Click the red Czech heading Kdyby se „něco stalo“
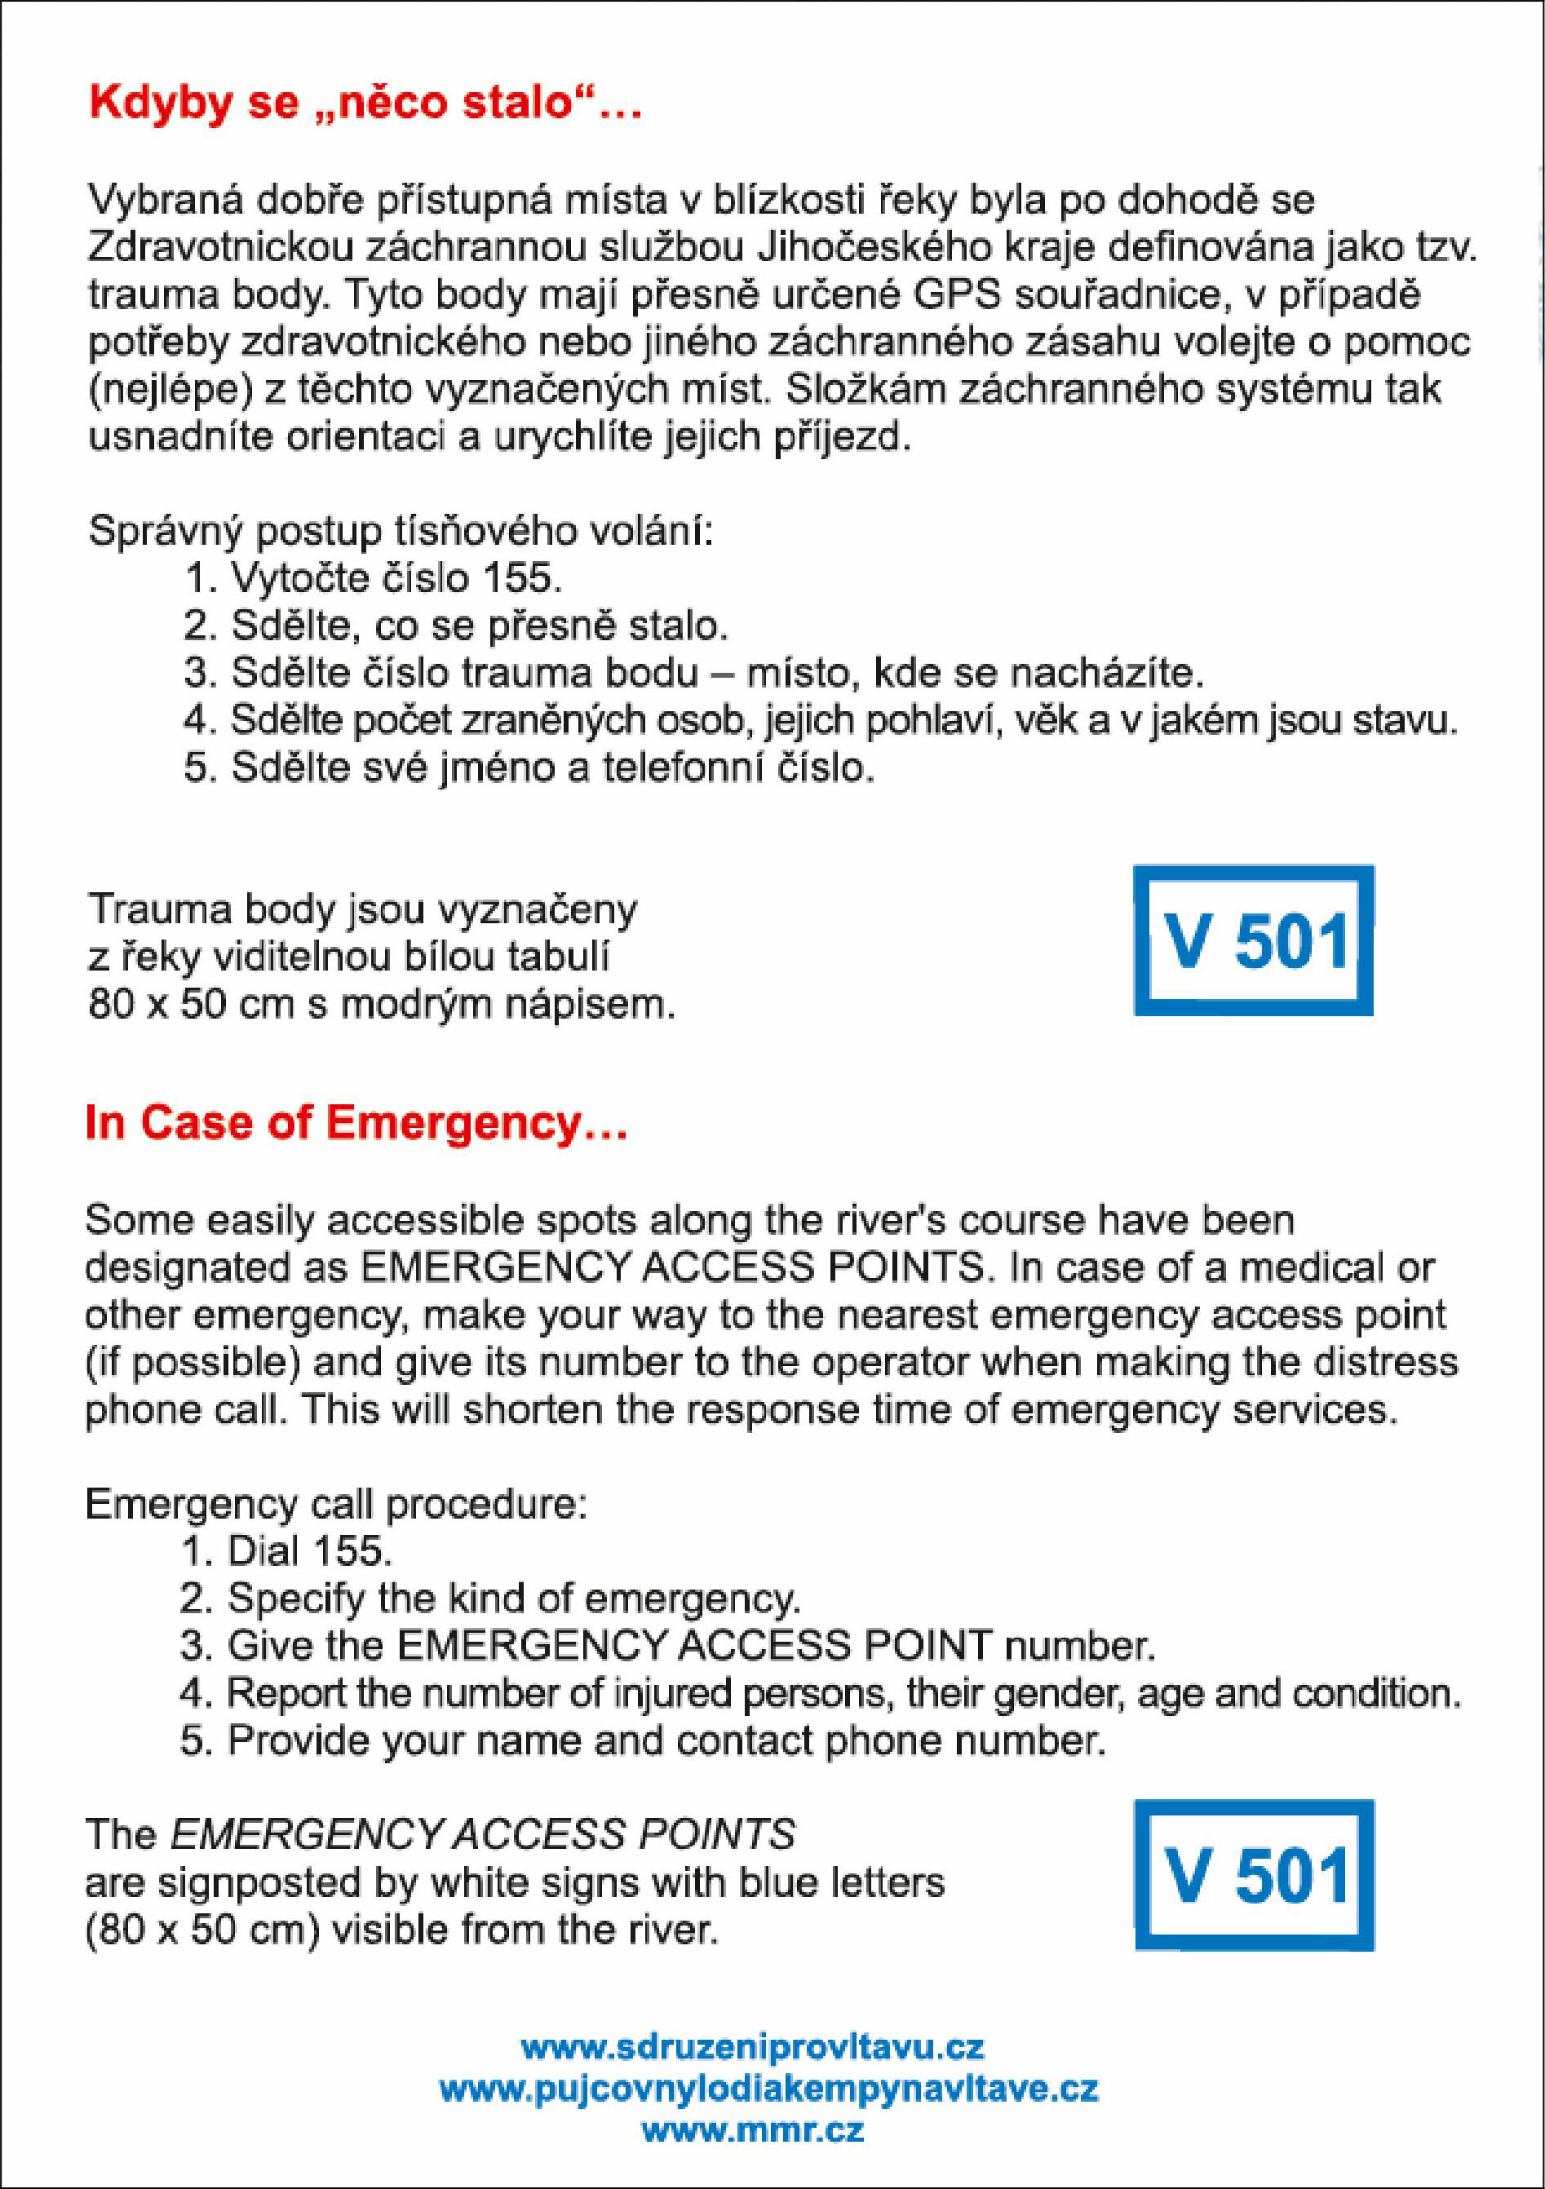click(x=365, y=104)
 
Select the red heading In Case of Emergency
click(x=356, y=1123)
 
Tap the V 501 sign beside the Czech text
click(x=1253, y=941)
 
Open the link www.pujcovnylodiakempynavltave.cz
click(x=768, y=2088)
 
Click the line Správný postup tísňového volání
click(x=401, y=530)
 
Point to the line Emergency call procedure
click(x=336, y=1503)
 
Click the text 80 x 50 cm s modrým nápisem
click(x=382, y=1005)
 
